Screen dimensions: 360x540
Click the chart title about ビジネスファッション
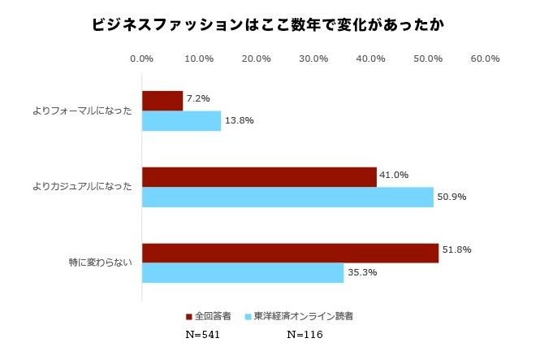[270, 25]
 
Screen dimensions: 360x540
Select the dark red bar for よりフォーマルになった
[162, 101]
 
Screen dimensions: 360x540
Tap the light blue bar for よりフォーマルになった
[182, 121]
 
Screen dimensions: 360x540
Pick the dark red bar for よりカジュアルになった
[259, 177]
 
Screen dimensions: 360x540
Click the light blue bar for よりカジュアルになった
[287, 197]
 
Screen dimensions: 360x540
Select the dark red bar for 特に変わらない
[290, 253]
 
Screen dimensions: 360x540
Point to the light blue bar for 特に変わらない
[243, 273]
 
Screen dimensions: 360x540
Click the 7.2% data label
[198, 98]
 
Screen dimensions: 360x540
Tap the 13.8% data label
[239, 121]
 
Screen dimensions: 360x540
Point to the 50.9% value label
[451, 197]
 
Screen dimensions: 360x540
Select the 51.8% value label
[456, 249]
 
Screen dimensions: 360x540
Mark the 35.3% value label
[361, 273]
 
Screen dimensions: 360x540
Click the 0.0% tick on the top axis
[142, 59]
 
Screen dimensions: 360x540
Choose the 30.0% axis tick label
[313, 59]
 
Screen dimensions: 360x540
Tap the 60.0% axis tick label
[485, 59]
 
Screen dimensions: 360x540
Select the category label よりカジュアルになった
[82, 187]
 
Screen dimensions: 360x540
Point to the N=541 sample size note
[202, 334]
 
